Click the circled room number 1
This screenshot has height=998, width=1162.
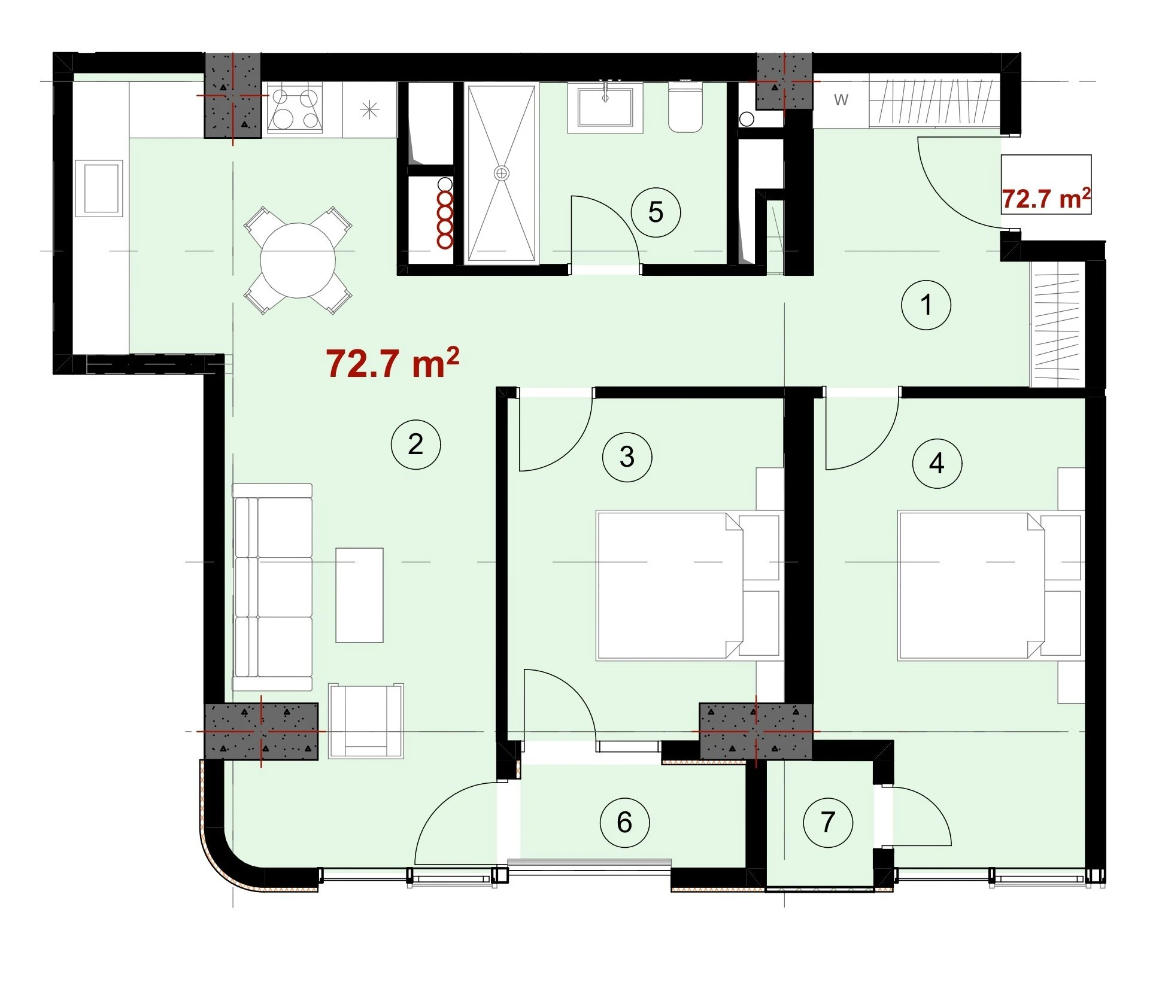[x=926, y=305]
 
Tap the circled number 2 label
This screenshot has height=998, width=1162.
[x=415, y=444]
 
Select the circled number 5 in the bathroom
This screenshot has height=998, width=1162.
[x=656, y=212]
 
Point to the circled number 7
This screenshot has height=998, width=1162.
[x=828, y=822]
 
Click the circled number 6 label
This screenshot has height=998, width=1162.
[x=624, y=822]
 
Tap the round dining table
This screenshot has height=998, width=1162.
[x=298, y=260]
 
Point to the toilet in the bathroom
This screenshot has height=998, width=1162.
[x=685, y=108]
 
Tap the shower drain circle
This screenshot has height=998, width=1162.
[x=502, y=174]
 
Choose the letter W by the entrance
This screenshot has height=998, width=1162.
[x=841, y=100]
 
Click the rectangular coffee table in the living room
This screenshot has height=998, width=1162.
[x=359, y=595]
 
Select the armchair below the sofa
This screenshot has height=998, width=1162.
[x=366, y=721]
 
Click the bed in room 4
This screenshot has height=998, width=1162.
[x=991, y=585]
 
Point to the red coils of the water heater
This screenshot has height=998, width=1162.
[x=445, y=220]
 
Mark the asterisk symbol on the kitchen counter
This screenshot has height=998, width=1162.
[x=370, y=109]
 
